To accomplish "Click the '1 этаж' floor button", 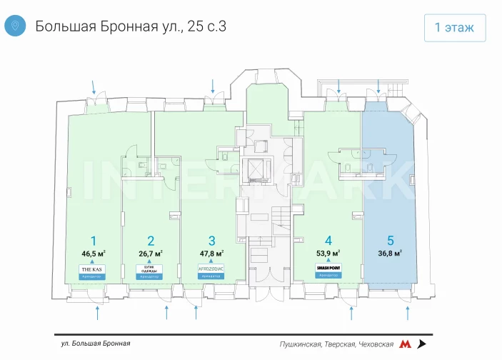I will pos(455,27).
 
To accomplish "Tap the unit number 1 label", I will pos(92,240).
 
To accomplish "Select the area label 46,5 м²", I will pos(93,253).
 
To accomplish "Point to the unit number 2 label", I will pos(151,240).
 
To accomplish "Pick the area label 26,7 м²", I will pos(151,253).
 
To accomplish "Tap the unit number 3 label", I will pos(211,240).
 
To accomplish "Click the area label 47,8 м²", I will pos(211,253).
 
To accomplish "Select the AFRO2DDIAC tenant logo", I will pos(211,269).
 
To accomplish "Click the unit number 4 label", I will pos(328,240).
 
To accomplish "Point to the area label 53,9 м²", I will pos(328,253).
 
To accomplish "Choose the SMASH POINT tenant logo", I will pos(328,269).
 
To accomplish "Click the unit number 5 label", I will pos(390,240).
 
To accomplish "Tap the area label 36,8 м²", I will pos(390,253).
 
